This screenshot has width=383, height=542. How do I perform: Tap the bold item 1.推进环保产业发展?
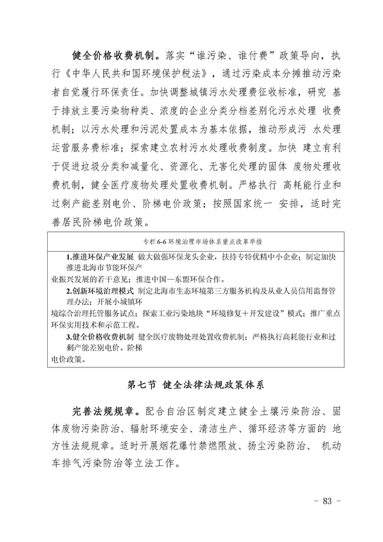coord(100,258)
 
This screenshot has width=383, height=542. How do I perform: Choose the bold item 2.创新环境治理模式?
coord(100,291)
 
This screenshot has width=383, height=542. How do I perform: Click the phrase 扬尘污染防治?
coord(276,446)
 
